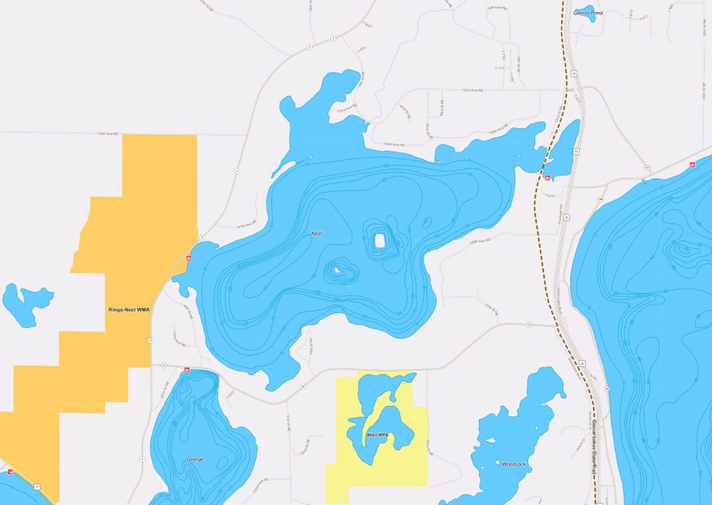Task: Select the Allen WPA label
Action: (x=376, y=434)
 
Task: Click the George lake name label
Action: (x=194, y=459)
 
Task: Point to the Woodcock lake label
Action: (x=513, y=464)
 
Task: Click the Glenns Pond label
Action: (x=588, y=13)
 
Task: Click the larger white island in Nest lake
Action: (x=379, y=241)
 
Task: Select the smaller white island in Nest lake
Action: (x=334, y=270)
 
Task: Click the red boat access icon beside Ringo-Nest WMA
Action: (x=189, y=257)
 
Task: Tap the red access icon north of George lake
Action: (x=187, y=369)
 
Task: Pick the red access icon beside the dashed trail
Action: (x=547, y=178)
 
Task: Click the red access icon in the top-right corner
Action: (x=692, y=165)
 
